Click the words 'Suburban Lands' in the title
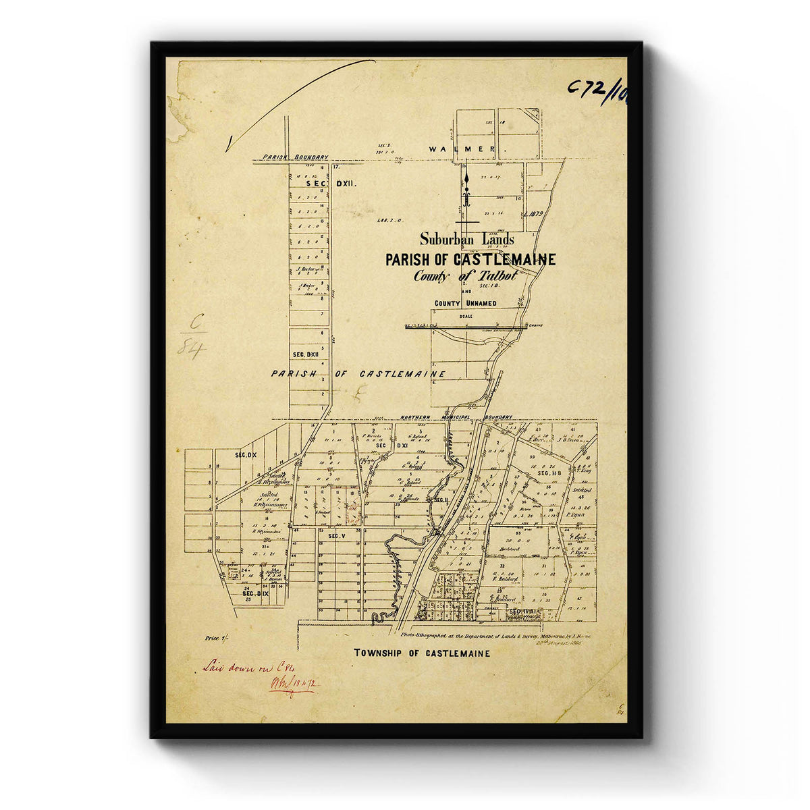466,239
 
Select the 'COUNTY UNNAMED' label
465,304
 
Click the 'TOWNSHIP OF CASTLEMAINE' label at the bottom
422,653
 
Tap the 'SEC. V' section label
336,535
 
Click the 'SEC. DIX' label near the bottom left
255,593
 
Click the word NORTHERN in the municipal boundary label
419,417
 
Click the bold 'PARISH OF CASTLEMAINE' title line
470,259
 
